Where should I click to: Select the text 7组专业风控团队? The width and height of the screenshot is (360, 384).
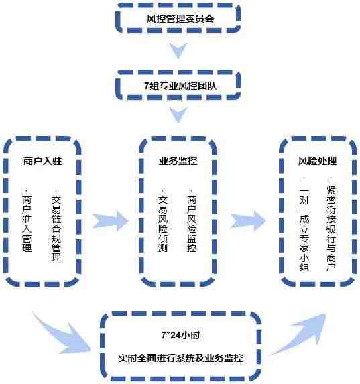180,86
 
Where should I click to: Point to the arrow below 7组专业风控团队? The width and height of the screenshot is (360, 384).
178,115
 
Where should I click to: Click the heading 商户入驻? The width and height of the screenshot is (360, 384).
43,161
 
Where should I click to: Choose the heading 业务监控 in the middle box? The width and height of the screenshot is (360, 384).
178,161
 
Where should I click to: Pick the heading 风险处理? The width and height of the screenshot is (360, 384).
317,161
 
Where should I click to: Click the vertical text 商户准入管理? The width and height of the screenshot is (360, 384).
27,223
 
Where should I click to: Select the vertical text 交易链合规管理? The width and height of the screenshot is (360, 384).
56,228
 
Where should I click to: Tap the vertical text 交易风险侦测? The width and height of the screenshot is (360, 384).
163,223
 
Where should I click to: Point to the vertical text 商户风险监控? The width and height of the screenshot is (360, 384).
192,223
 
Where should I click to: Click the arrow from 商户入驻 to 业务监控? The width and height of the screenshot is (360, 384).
110,221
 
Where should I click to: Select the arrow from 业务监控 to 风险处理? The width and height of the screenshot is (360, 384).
248,220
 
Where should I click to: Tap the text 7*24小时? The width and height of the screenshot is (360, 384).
180,335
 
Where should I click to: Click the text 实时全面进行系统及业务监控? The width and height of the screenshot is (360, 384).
180,358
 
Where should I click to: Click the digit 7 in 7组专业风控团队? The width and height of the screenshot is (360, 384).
147,86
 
